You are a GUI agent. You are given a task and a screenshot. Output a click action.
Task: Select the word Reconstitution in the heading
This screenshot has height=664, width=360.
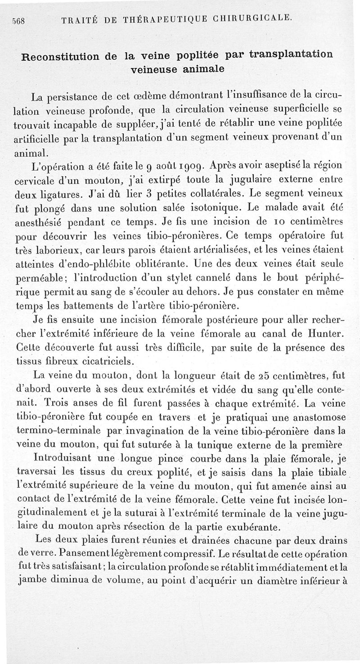click(x=66, y=57)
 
